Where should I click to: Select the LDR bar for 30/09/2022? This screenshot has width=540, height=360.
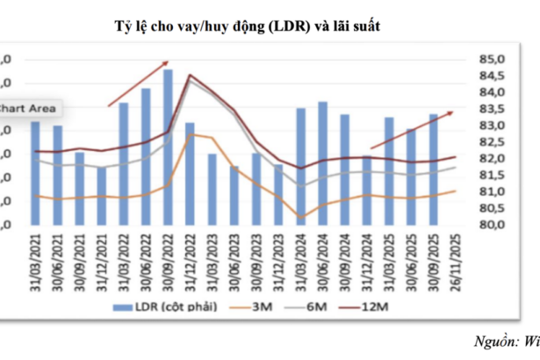(168, 147)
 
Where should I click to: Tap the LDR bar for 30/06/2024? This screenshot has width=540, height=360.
(322, 162)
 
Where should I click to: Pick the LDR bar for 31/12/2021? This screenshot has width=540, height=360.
(102, 195)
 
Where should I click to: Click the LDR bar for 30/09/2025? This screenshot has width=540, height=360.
(433, 169)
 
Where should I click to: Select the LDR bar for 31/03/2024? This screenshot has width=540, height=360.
(300, 166)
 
